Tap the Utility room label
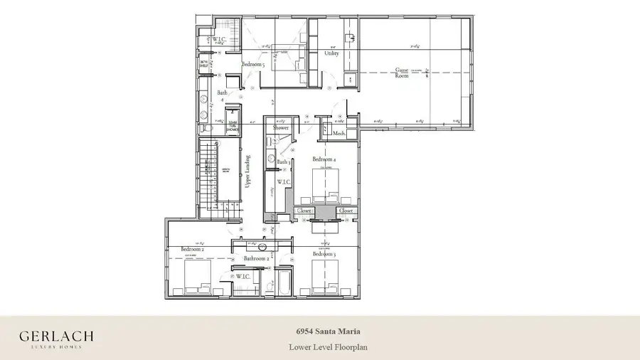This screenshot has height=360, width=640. point(331,53)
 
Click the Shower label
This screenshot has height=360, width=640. point(281,128)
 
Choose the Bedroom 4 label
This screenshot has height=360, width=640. point(324,160)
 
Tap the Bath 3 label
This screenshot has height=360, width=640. point(284,162)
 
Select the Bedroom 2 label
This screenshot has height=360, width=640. point(192,249)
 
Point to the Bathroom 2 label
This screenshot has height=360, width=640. point(256,259)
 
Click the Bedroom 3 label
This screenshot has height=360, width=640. point(324,253)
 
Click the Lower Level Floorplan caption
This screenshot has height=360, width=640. point(328,347)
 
